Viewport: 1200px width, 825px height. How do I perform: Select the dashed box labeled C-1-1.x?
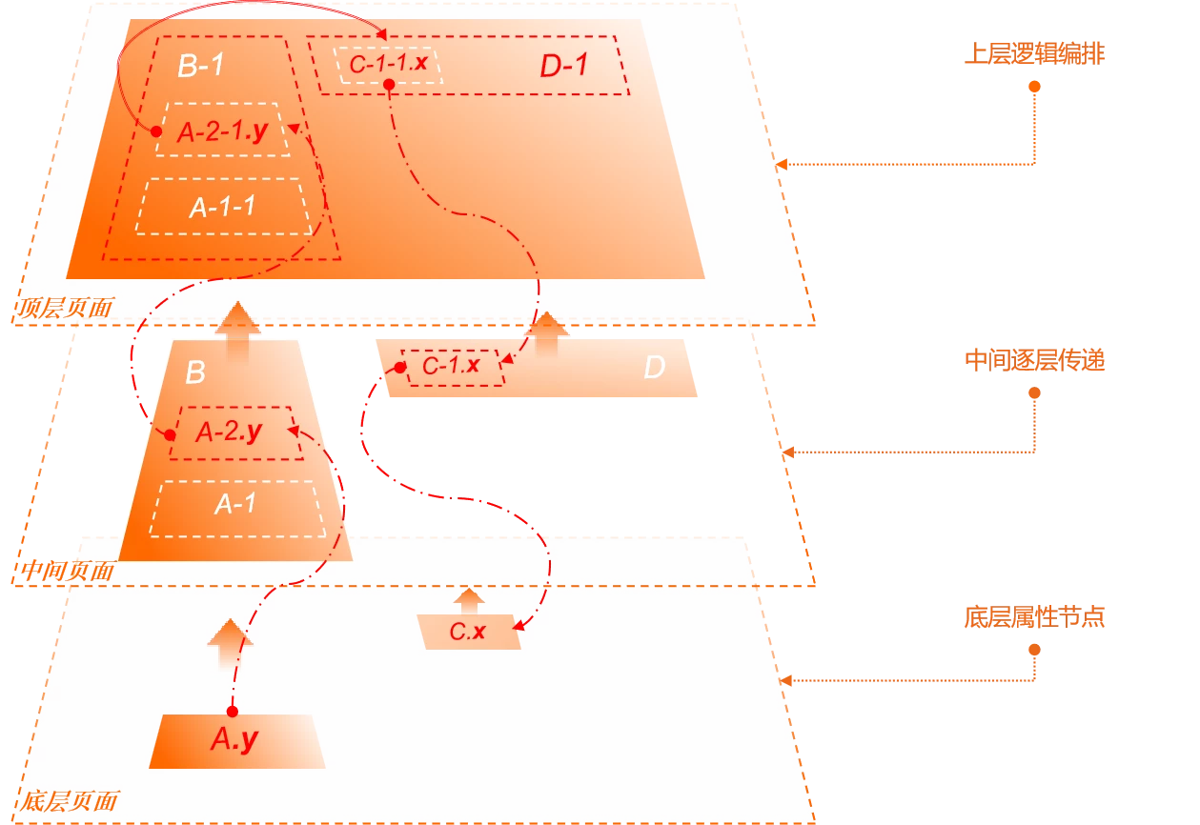click(x=389, y=64)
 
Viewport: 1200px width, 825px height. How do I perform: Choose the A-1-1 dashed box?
click(x=223, y=207)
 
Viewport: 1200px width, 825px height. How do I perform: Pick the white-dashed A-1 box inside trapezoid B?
click(x=235, y=503)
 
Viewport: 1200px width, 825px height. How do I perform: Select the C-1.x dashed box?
click(x=452, y=366)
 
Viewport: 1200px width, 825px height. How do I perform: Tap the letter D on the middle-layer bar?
click(x=654, y=368)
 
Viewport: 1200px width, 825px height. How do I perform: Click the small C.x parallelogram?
click(x=469, y=631)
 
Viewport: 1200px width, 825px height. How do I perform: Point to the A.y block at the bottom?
click(x=235, y=740)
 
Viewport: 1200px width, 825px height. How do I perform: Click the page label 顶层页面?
click(x=65, y=308)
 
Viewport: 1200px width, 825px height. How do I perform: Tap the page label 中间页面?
click(x=65, y=572)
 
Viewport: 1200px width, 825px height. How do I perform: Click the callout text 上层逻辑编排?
click(x=1034, y=54)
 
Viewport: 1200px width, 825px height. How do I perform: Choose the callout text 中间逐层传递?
click(x=1034, y=360)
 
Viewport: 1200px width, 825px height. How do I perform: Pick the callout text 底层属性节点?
click(x=1034, y=617)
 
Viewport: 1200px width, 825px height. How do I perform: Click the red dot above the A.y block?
click(x=232, y=711)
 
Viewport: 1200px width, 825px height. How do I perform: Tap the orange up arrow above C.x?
click(x=467, y=601)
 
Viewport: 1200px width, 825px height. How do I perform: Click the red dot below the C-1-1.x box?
click(x=389, y=86)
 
